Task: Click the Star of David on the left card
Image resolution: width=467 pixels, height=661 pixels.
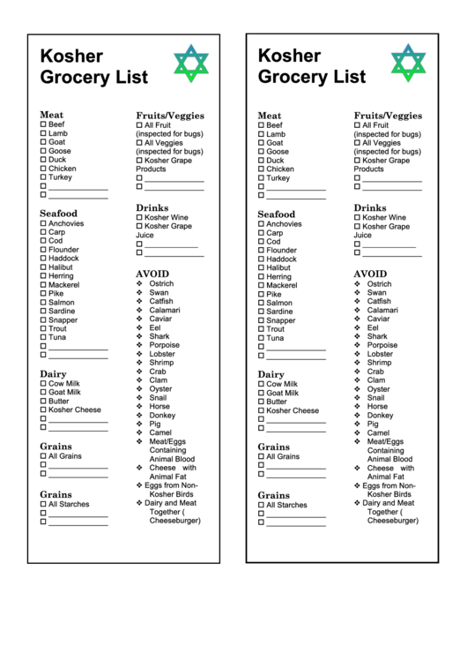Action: (190, 64)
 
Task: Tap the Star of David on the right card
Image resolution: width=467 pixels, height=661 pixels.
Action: (408, 64)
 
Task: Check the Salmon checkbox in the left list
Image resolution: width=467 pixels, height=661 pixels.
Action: (43, 303)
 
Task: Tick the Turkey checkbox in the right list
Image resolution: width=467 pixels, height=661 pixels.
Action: (261, 178)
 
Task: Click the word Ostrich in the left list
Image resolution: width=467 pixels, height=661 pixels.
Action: (161, 284)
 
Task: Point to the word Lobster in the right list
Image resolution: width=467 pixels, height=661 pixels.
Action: (380, 355)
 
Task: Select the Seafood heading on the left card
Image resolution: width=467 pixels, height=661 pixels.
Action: (58, 214)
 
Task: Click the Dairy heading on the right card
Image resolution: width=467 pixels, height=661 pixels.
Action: (271, 375)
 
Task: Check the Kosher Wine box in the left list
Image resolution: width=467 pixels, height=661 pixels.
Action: (139, 217)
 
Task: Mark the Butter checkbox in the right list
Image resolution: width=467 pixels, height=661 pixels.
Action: (261, 402)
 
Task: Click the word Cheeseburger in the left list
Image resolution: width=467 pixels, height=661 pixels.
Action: (174, 521)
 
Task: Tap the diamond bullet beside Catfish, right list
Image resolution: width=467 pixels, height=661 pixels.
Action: (357, 302)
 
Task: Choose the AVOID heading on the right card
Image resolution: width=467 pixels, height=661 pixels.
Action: (370, 274)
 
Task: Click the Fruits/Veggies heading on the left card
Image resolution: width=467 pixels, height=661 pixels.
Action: (169, 116)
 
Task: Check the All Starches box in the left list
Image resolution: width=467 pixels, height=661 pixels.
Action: (43, 505)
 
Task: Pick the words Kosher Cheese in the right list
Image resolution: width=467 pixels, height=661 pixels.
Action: (293, 411)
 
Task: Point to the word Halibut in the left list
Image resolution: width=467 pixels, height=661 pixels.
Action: (61, 267)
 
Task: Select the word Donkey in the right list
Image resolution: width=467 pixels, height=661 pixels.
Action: (380, 416)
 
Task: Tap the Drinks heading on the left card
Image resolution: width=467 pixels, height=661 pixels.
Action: (152, 208)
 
